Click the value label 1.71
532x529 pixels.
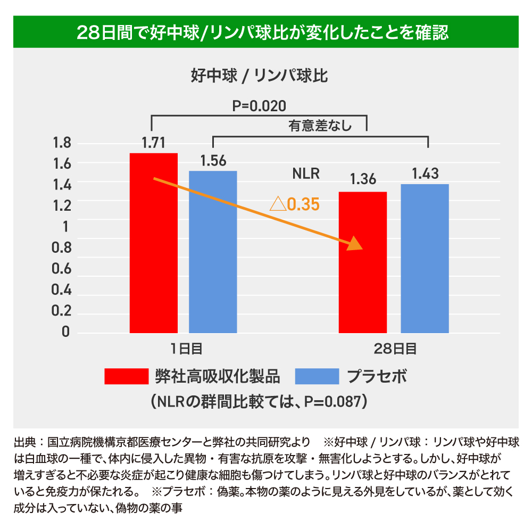click(x=154, y=143)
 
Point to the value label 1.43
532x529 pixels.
click(x=425, y=173)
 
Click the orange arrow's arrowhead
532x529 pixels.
click(x=356, y=244)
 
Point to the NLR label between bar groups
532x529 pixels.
click(x=306, y=174)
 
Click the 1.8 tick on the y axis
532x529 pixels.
click(x=62, y=143)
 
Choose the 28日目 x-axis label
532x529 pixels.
click(x=395, y=349)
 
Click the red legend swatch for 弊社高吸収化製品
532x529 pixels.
click(x=127, y=376)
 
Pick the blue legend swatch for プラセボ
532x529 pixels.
click(x=317, y=376)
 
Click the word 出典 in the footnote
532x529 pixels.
click(x=24, y=442)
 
